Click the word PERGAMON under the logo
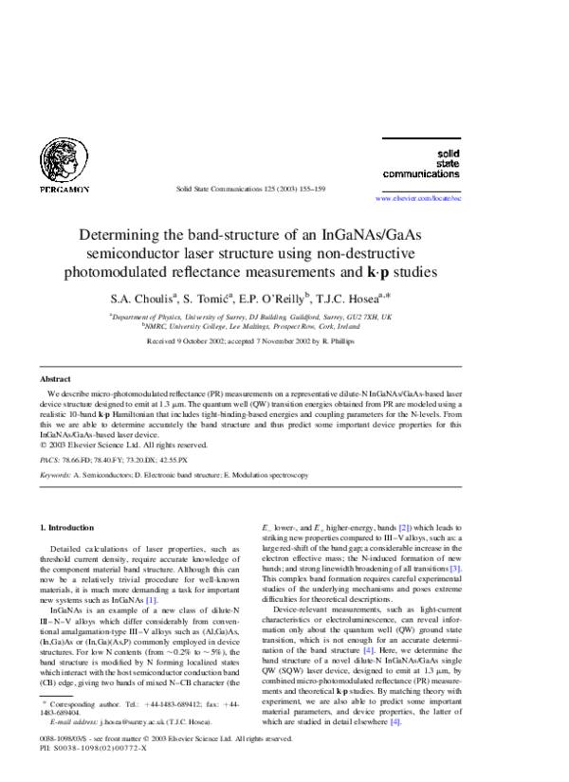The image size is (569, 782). (64, 190)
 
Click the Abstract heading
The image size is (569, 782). (55, 378)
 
